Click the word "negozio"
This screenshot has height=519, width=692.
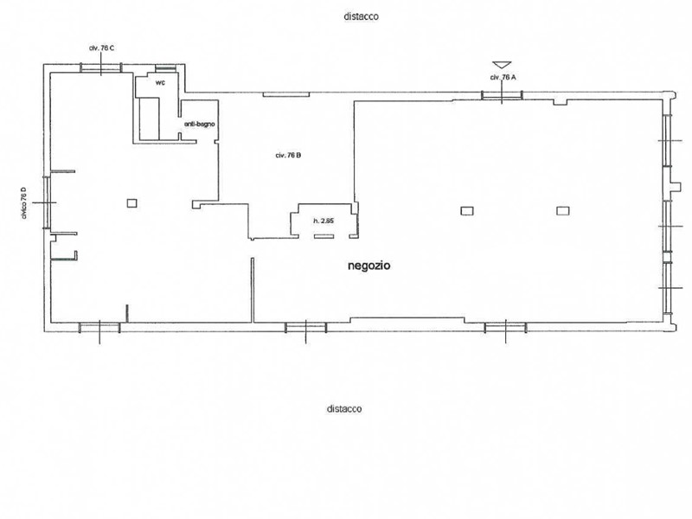click(x=369, y=266)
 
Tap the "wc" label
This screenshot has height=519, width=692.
click(x=160, y=82)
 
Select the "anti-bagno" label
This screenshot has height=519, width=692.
click(x=200, y=124)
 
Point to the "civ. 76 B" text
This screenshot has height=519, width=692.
click(x=288, y=156)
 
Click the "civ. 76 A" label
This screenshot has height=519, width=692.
click(x=503, y=77)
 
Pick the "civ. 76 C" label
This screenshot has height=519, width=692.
click(x=101, y=48)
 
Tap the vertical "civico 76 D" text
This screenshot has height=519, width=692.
click(x=24, y=202)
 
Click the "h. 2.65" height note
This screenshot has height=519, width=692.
click(x=324, y=221)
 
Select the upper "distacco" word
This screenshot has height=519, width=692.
click(x=361, y=16)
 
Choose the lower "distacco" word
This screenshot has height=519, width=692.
click(x=344, y=408)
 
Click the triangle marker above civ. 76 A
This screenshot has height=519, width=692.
click(x=502, y=65)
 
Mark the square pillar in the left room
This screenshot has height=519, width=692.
click(x=132, y=203)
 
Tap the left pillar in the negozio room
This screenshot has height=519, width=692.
click(x=467, y=211)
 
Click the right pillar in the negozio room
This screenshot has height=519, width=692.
click(x=563, y=211)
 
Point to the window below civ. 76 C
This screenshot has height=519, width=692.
click(x=101, y=67)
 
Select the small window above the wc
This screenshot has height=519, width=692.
click(x=166, y=68)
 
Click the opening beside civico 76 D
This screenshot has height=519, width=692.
click(x=47, y=202)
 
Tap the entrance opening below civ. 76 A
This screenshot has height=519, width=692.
click(x=502, y=95)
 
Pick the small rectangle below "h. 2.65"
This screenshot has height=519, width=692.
click(x=324, y=236)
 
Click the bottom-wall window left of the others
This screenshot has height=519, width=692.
click(x=99, y=328)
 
